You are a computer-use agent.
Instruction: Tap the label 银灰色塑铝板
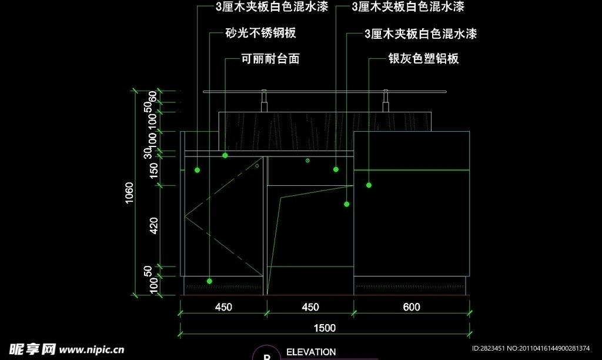click(423, 59)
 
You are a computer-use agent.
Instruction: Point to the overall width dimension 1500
click(325, 328)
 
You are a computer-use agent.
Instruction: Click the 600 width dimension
click(412, 307)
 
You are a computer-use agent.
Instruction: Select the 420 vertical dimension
click(154, 225)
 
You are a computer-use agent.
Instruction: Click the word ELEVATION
click(311, 352)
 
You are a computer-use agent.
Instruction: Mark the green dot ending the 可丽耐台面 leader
click(225, 155)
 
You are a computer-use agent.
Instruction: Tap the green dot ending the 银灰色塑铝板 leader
click(369, 185)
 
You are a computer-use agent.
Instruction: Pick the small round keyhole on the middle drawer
click(307, 160)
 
